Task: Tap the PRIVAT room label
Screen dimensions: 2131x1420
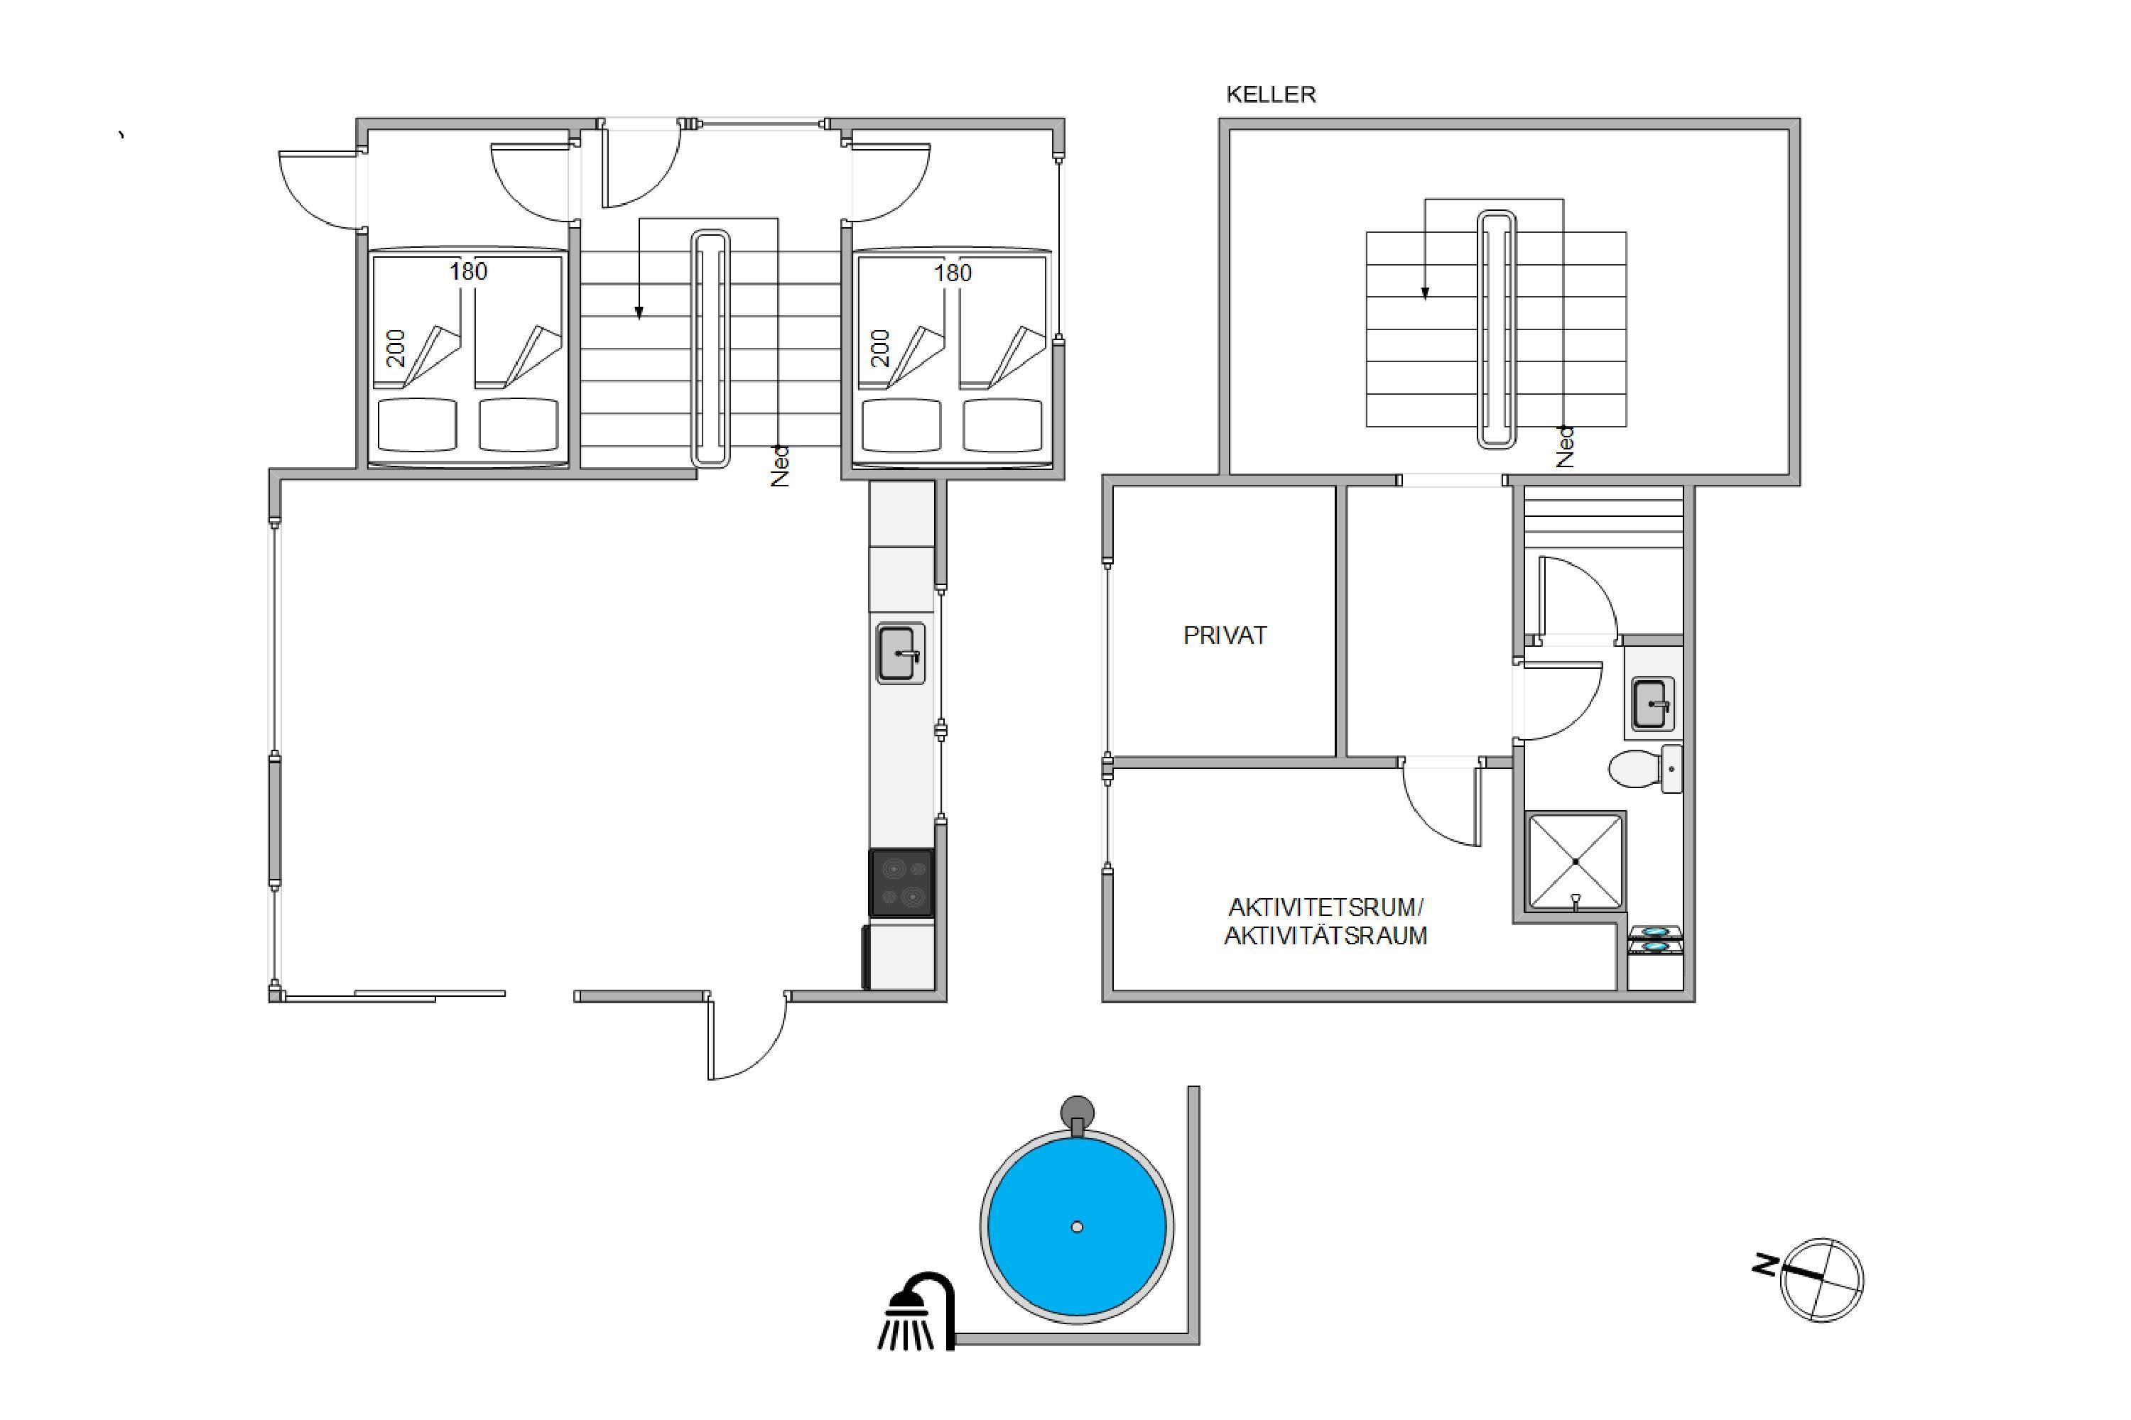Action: point(1225,635)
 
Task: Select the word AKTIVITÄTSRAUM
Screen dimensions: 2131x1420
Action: point(1325,936)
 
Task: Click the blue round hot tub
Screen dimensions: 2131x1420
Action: point(1076,1227)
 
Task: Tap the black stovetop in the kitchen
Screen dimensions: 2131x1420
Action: point(901,883)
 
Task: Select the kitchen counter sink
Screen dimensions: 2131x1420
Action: point(900,653)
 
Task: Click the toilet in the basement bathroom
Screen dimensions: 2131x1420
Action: point(1645,769)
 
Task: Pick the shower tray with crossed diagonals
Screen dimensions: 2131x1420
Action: point(1576,861)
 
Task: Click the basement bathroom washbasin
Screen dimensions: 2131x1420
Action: point(1654,704)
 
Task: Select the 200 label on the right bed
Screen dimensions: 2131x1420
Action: point(880,348)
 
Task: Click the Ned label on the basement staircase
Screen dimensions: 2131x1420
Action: point(1565,447)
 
